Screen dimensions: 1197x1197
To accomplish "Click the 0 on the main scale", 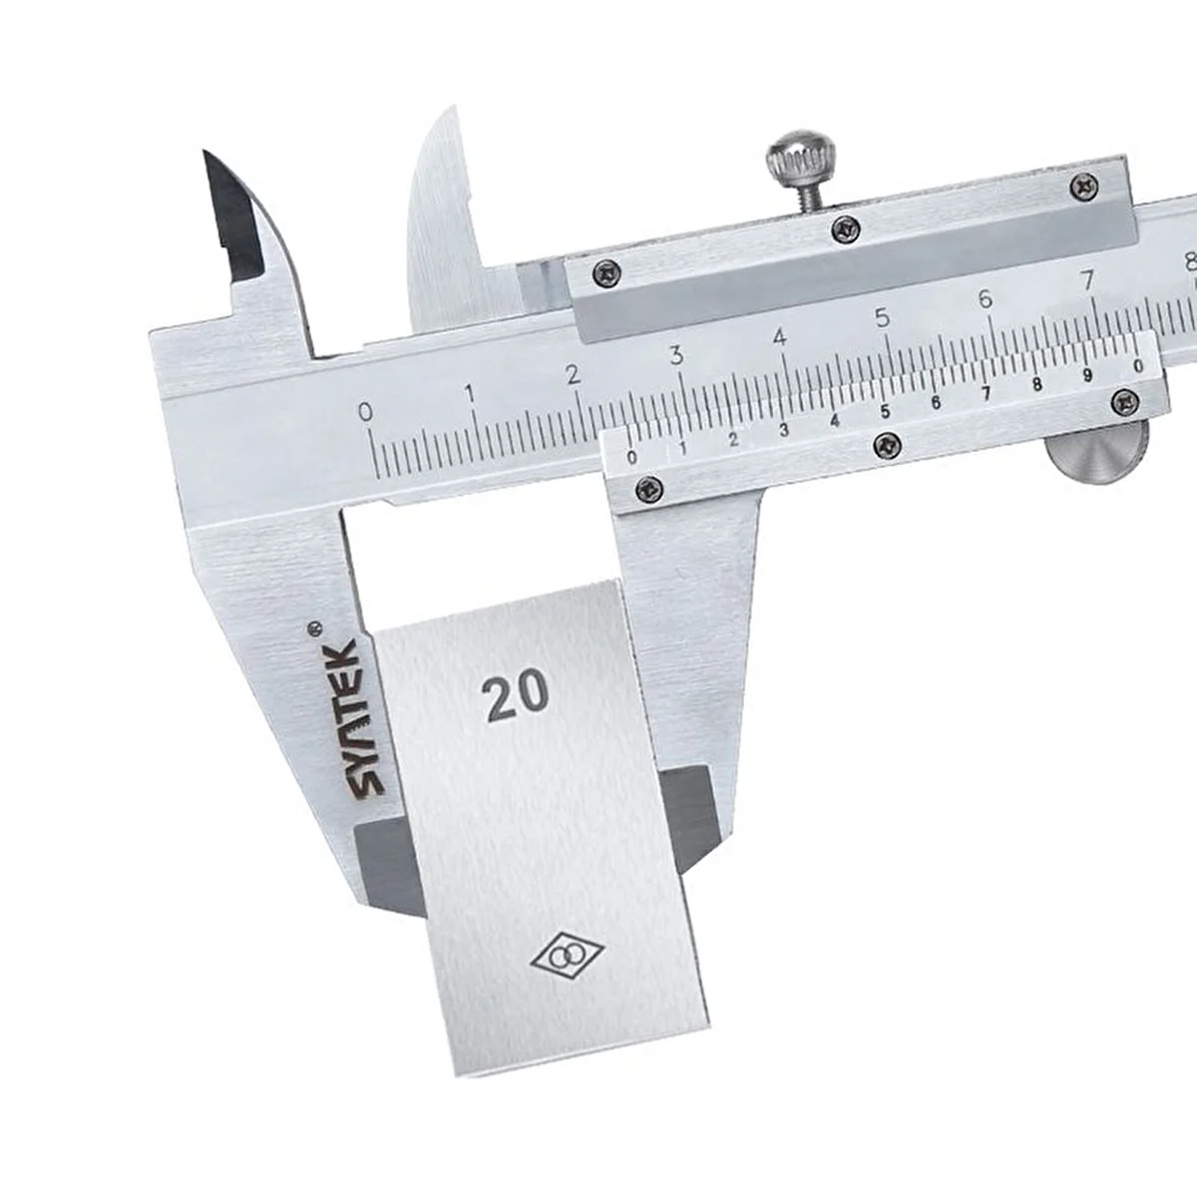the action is (x=366, y=412).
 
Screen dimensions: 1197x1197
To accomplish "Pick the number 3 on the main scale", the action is (x=676, y=356).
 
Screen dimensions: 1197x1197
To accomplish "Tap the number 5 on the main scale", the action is (x=883, y=318).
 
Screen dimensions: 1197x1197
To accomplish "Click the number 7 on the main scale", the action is (x=1087, y=281).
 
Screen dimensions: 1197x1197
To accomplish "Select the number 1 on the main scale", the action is (x=470, y=394).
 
